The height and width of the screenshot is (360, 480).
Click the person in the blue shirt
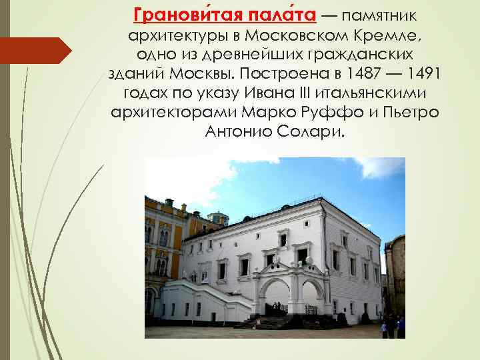click(401, 327)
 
